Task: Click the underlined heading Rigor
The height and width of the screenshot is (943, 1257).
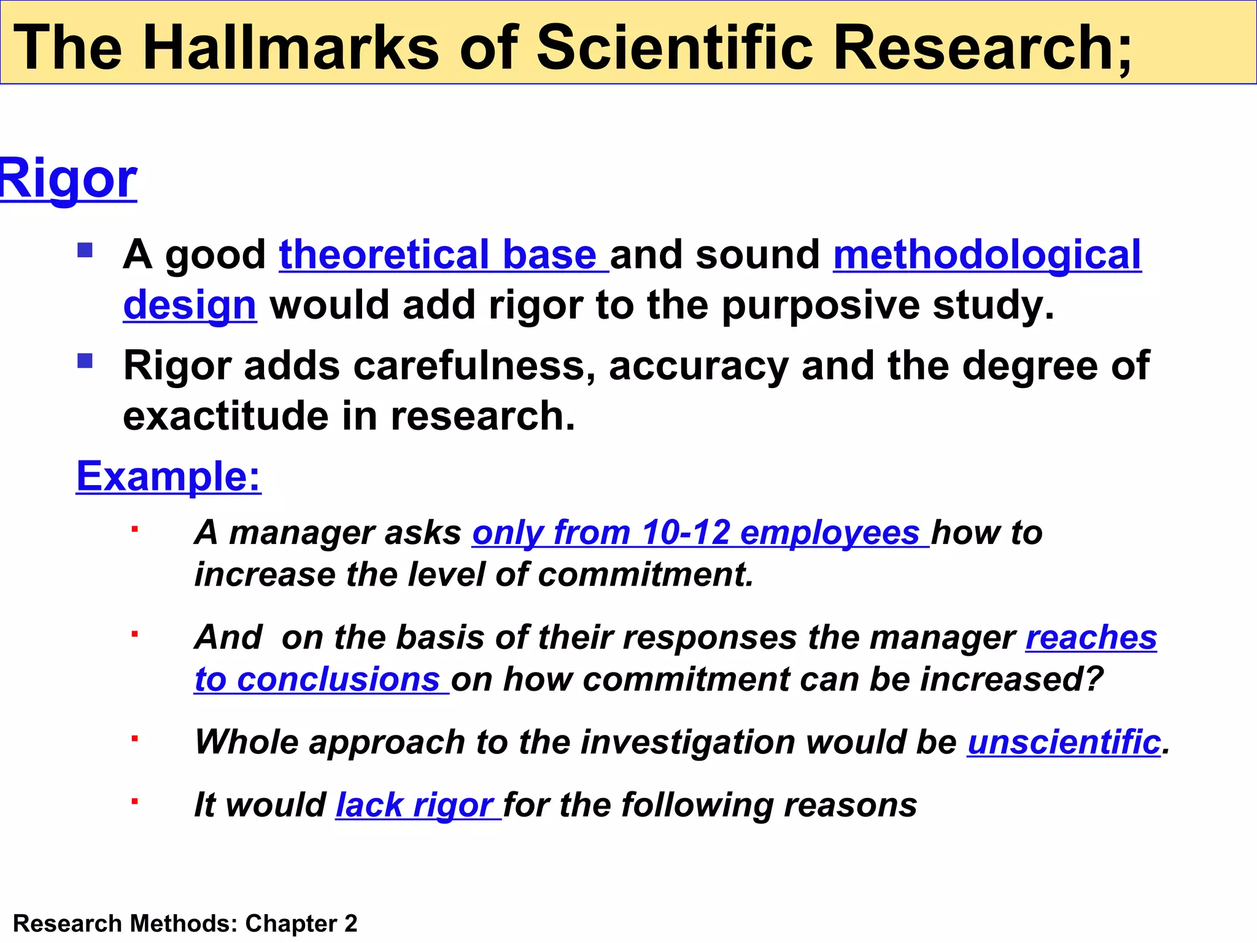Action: pos(68,179)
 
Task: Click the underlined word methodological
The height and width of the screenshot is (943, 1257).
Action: pos(987,255)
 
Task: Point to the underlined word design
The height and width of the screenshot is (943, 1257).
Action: pos(189,305)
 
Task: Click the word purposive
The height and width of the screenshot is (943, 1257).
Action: pos(820,305)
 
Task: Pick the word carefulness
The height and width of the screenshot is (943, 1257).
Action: pos(473,366)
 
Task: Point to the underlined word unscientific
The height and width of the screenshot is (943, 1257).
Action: pos(1064,742)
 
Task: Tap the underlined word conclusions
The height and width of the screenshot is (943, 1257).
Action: pos(338,680)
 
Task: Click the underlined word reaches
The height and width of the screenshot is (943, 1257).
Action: pos(1091,637)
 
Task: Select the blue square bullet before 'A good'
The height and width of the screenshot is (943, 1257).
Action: pos(85,250)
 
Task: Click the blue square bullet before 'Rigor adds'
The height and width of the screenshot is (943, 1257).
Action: pos(85,360)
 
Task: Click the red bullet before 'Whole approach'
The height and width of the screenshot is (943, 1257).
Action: pos(134,739)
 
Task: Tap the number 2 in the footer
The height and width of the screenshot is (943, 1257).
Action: pos(350,923)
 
